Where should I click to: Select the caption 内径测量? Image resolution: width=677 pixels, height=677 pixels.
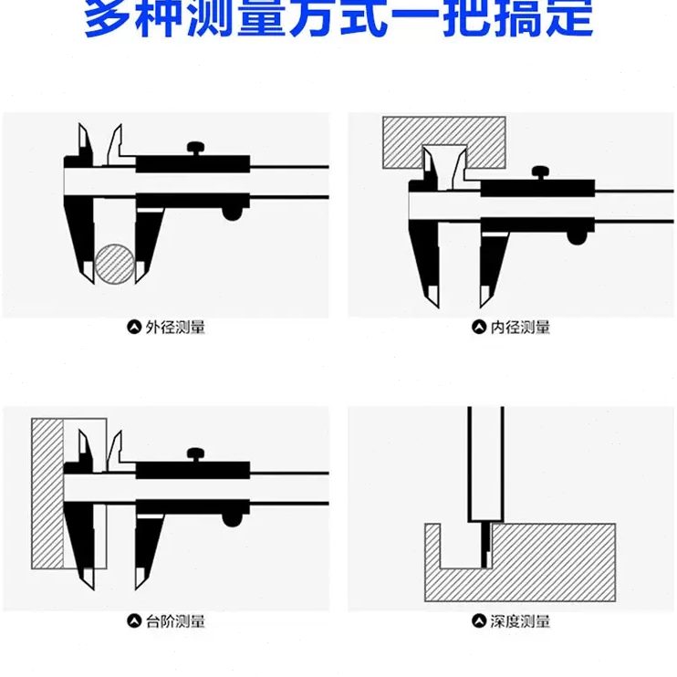(x=520, y=326)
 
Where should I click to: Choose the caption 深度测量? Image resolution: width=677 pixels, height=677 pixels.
(x=520, y=621)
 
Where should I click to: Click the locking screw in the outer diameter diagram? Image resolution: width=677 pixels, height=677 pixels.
(x=194, y=148)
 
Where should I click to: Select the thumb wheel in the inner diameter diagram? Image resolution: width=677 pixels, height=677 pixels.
(x=578, y=235)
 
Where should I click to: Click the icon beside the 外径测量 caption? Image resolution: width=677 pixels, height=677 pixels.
(x=134, y=326)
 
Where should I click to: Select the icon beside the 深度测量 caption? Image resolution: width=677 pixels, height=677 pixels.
(x=479, y=621)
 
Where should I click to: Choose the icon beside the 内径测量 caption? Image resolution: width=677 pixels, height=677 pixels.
(x=479, y=326)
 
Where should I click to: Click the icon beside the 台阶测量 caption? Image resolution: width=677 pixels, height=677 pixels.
(x=134, y=621)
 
